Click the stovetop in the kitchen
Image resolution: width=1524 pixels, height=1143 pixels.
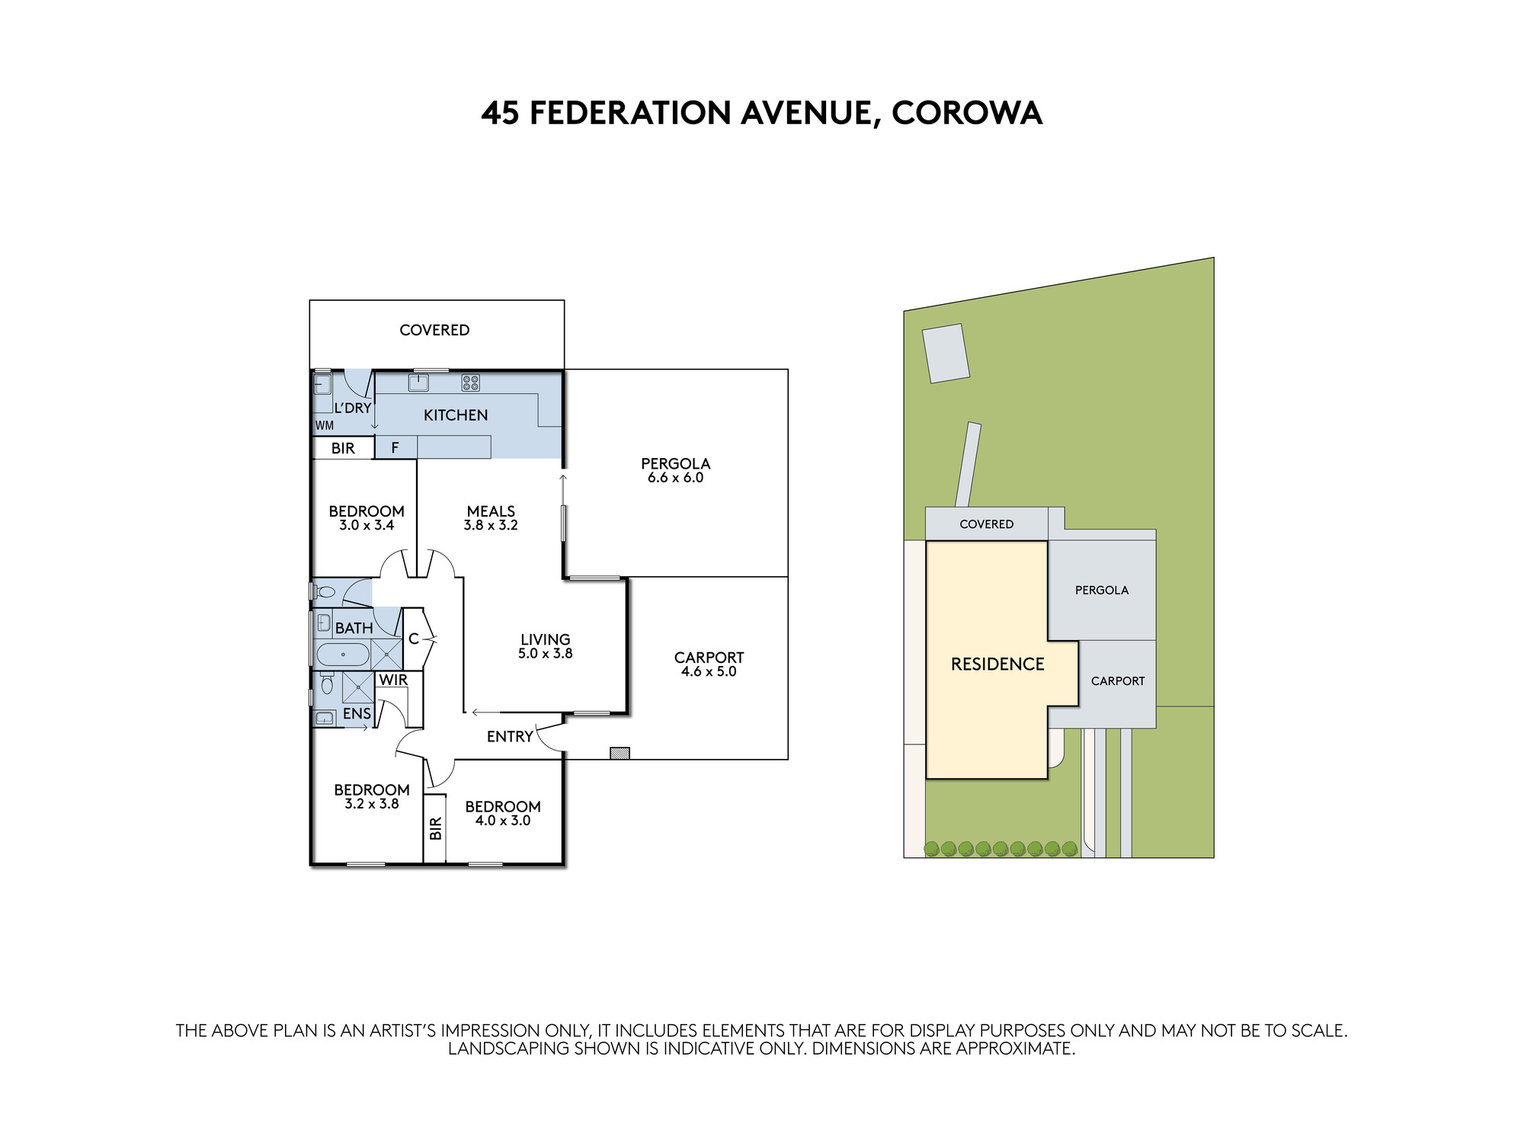click(x=471, y=383)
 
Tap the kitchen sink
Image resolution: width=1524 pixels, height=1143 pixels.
click(x=418, y=383)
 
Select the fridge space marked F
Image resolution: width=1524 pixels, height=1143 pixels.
click(x=395, y=447)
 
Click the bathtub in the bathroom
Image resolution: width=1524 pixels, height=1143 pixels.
click(x=343, y=655)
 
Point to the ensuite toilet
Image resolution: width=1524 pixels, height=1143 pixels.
click(x=327, y=683)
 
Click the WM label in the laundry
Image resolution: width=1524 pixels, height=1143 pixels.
click(x=325, y=426)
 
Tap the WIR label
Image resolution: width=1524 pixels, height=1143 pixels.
click(x=393, y=680)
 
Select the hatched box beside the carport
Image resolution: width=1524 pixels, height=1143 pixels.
click(x=620, y=753)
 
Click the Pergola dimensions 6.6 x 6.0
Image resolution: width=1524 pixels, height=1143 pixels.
click(x=676, y=478)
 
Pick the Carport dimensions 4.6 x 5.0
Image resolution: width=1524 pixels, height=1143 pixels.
click(x=709, y=671)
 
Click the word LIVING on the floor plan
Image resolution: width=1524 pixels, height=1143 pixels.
click(x=546, y=639)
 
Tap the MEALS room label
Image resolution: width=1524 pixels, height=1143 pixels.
click(x=491, y=511)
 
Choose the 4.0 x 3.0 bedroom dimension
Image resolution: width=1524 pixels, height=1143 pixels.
click(x=503, y=821)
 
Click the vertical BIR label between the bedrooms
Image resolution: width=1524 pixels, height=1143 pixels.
click(x=436, y=828)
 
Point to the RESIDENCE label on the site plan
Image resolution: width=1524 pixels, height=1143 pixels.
click(x=997, y=664)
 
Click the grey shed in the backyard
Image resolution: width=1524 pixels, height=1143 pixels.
click(x=946, y=353)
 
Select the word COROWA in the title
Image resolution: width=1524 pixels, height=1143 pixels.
click(x=967, y=113)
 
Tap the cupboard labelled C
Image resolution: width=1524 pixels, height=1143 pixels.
click(x=413, y=639)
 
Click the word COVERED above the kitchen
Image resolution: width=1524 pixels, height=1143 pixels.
click(x=434, y=330)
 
